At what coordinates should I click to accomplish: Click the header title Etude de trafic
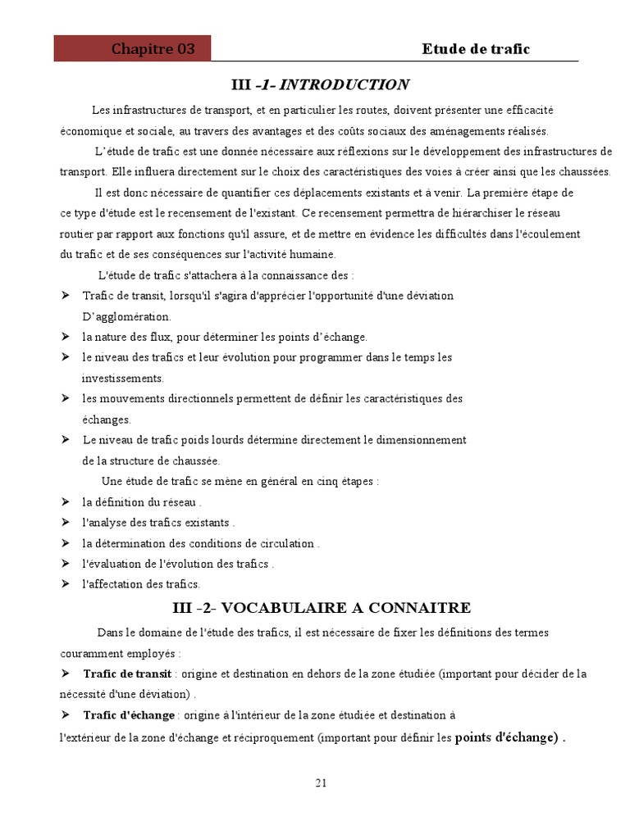(476, 49)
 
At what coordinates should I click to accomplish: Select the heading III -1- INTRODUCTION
(321, 85)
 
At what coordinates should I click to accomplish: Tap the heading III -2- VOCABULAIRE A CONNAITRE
(322, 608)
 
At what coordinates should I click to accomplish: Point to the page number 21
(321, 782)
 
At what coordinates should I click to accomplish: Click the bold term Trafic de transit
(127, 673)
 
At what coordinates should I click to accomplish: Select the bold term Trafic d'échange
(129, 715)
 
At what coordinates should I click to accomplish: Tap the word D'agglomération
(126, 316)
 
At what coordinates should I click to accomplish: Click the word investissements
(123, 379)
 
